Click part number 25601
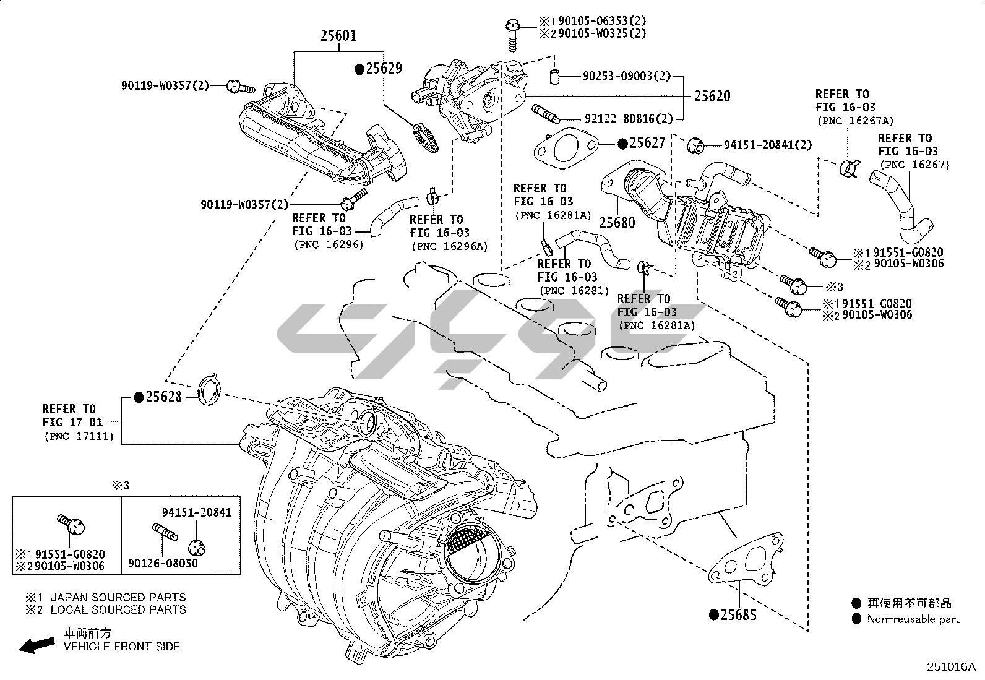338,35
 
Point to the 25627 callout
648,143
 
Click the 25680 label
617,222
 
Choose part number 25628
164,397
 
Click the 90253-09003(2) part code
626,76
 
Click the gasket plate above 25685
746,559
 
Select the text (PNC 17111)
79,436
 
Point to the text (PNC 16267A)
854,121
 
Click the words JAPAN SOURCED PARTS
118,597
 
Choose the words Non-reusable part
913,619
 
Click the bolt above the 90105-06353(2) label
512,34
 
